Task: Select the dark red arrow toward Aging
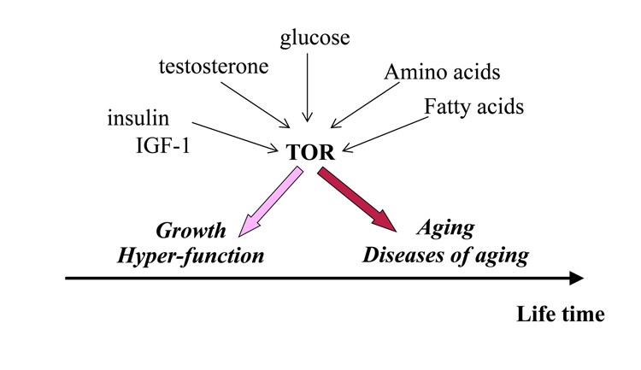(356, 200)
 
